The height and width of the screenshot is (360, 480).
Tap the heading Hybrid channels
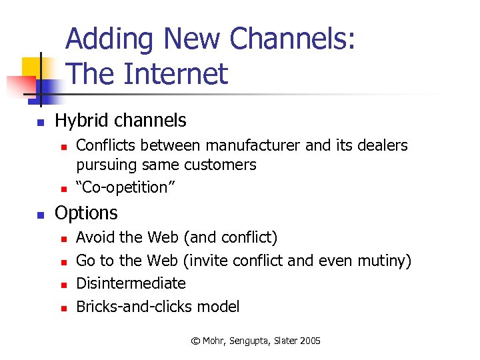pos(120,121)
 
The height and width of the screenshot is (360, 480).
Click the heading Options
pos(86,213)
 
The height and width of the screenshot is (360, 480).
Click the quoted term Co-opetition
pos(126,187)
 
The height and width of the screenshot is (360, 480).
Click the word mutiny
pos(383,261)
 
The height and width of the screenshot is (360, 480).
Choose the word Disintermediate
pos(131,283)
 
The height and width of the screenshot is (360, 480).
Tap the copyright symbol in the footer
pos(195,341)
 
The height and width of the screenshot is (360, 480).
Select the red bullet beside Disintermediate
pos(63,285)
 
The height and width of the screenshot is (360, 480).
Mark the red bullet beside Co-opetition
pos(63,189)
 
